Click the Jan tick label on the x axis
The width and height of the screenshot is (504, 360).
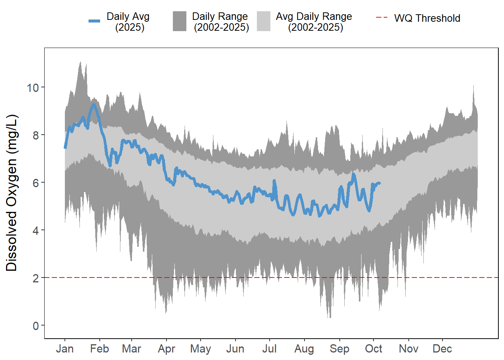[x=64, y=349]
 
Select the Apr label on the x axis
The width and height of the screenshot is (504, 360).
[x=166, y=349]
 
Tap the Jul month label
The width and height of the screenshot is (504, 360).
[x=269, y=349]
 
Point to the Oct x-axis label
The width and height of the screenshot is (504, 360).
[x=373, y=349]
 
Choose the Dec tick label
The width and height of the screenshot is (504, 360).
[x=442, y=349]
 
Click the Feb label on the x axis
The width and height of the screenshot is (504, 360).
[x=99, y=349]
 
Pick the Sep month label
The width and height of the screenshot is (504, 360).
[x=339, y=349]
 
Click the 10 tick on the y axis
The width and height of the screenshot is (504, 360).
[x=33, y=88]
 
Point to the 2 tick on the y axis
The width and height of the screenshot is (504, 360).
[x=36, y=278]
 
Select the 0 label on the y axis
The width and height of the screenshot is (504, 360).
[x=36, y=326]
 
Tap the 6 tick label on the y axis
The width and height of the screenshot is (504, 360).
[x=36, y=183]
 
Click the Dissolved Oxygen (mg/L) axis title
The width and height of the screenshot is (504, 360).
[x=12, y=193]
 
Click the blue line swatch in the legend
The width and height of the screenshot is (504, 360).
[x=94, y=21]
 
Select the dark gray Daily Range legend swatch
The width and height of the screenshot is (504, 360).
[x=180, y=21]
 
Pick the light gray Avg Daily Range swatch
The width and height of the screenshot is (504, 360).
[x=264, y=21]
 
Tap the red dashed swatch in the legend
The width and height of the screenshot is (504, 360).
[x=382, y=18]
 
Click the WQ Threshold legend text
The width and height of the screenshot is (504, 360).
[x=427, y=18]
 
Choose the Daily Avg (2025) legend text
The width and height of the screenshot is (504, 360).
[x=128, y=22]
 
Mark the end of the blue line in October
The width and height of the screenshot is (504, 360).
[x=380, y=183]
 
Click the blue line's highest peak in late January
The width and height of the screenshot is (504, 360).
[x=93, y=105]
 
